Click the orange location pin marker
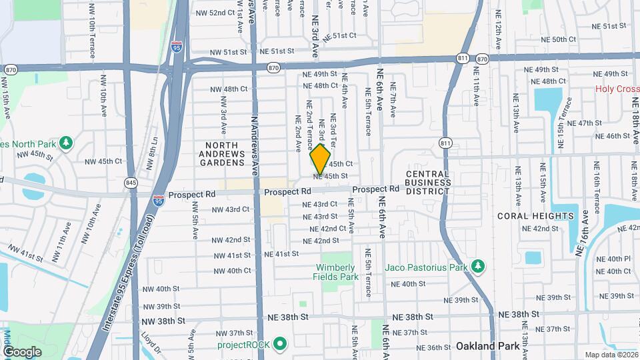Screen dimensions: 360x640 [321, 160]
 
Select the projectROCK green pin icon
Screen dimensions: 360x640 [281, 344]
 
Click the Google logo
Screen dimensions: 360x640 [22, 351]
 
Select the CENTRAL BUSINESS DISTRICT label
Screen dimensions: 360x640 [428, 182]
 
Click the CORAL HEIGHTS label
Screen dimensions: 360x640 [535, 216]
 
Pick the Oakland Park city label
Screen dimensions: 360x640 [484, 346]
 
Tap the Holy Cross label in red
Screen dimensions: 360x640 [617, 89]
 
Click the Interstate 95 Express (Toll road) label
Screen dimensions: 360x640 [127, 279]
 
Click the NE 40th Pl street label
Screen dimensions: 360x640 [613, 259]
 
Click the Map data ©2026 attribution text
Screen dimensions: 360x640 [611, 355]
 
